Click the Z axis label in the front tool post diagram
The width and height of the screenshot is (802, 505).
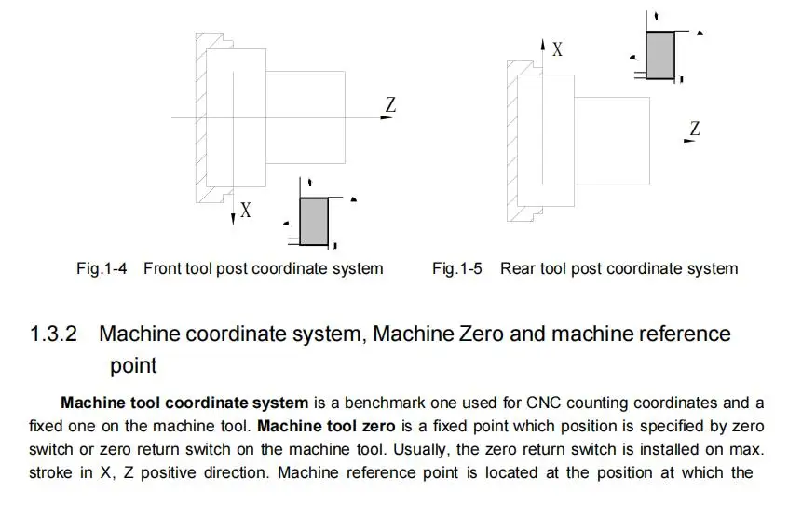coord(391,104)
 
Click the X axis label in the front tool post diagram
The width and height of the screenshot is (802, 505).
coord(246,211)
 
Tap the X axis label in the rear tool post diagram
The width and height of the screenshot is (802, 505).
coord(557,49)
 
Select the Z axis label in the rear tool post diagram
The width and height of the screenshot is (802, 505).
coord(695,128)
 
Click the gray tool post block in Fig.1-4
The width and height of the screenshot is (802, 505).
coord(314,222)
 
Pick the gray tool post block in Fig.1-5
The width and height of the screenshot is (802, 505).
coord(659,55)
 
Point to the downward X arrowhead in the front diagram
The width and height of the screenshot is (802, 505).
coord(233,219)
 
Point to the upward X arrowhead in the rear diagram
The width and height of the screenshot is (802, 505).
coord(543,45)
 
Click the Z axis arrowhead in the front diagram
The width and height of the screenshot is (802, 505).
coord(387,117)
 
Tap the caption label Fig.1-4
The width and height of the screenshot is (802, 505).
coord(102,268)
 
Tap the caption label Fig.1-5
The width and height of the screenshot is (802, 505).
coord(456,268)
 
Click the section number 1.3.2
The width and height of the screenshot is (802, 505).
coord(53,334)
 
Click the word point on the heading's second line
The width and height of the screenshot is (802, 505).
coord(133,366)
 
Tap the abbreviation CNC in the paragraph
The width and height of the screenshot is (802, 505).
coord(543,403)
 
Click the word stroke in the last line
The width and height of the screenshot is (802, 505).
coord(50,472)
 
